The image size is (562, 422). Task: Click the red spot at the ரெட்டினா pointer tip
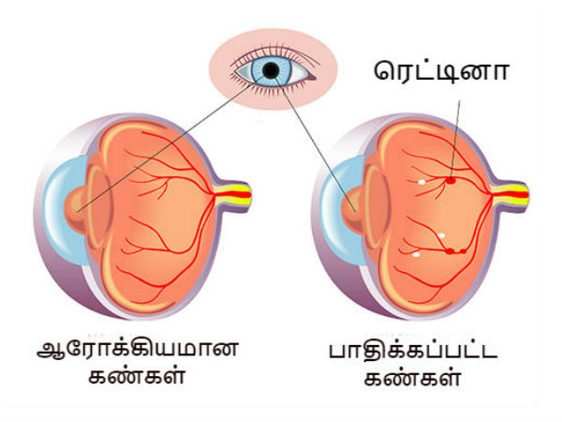[450, 178]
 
